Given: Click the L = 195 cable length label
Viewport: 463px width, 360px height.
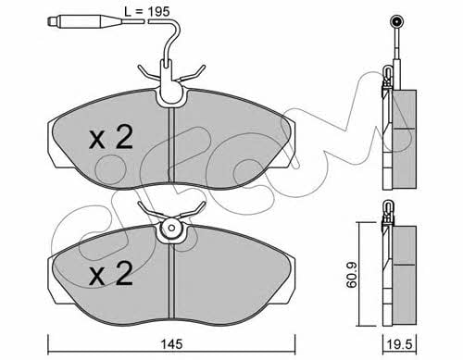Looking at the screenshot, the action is (x=147, y=12).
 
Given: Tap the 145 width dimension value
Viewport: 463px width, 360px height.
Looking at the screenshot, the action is (x=172, y=344).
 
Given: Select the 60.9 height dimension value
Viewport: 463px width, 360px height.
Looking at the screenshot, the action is (x=351, y=275).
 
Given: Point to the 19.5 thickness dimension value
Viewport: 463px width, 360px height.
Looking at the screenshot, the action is (x=400, y=344).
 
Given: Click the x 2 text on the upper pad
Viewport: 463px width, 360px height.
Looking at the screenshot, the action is (x=111, y=137).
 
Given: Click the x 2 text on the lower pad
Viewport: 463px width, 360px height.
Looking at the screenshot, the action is (x=111, y=273).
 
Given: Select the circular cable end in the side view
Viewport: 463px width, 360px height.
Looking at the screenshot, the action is (x=396, y=21).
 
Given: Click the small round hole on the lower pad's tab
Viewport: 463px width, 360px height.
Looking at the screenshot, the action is (x=172, y=229).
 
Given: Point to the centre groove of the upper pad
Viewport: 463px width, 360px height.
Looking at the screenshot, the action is (x=171, y=145).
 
